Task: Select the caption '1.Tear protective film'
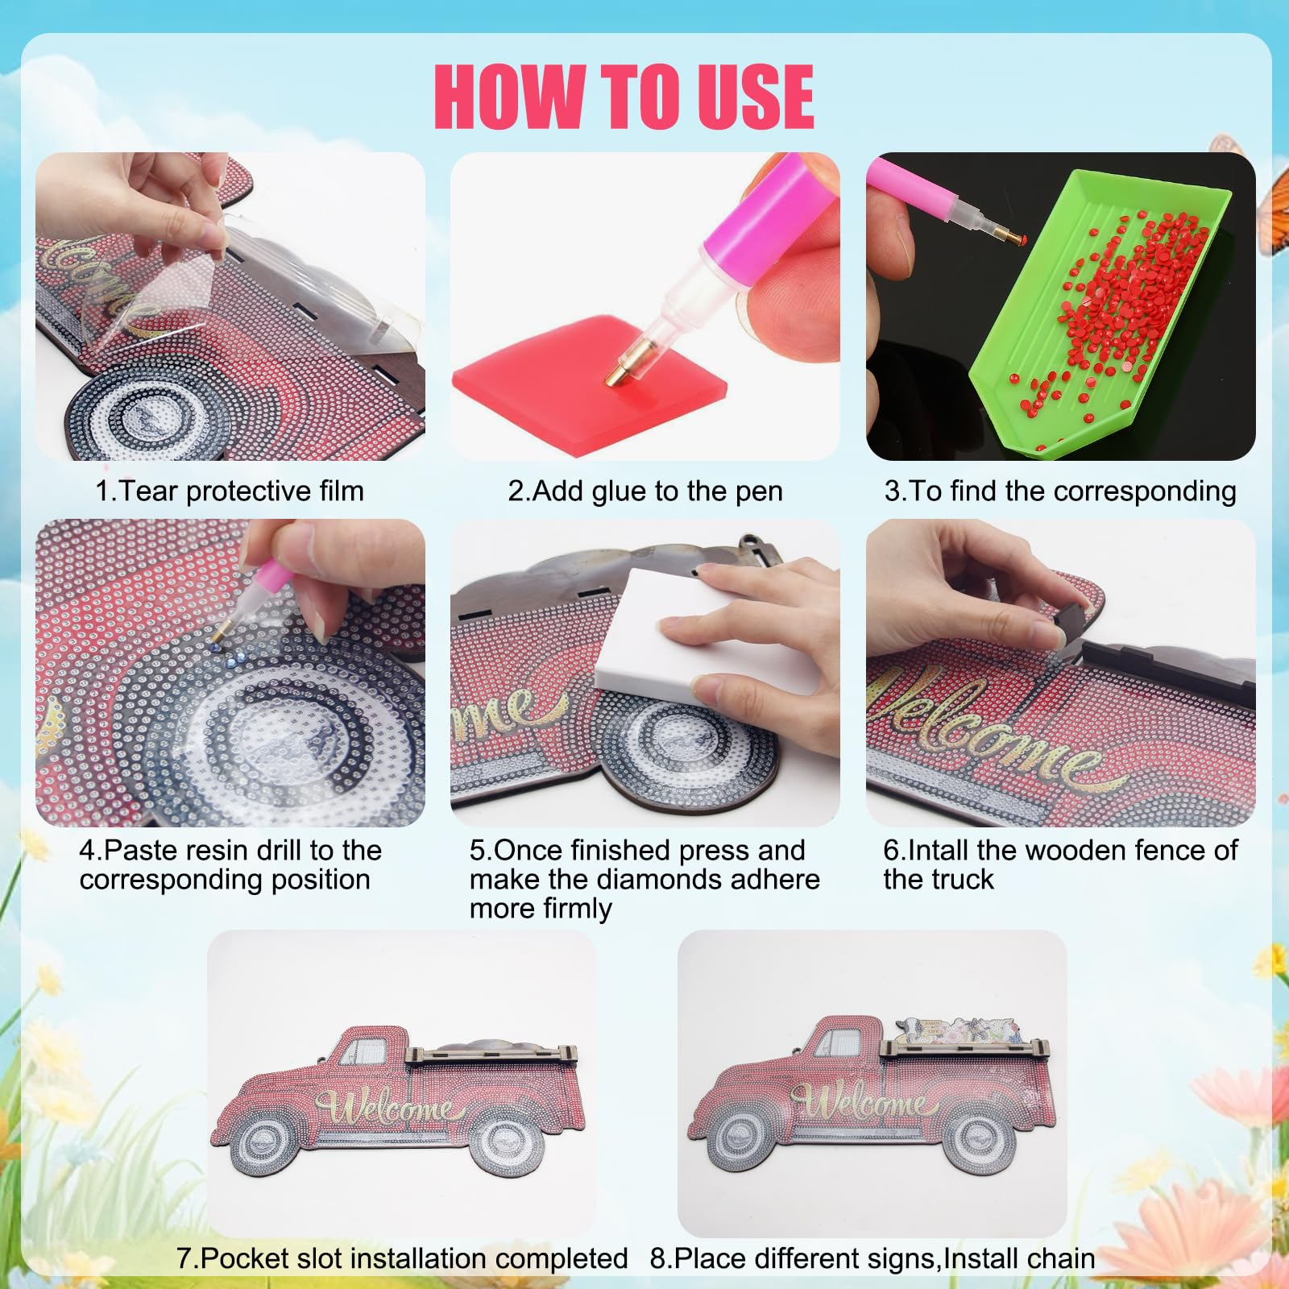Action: (230, 491)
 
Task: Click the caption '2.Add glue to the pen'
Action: (645, 491)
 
